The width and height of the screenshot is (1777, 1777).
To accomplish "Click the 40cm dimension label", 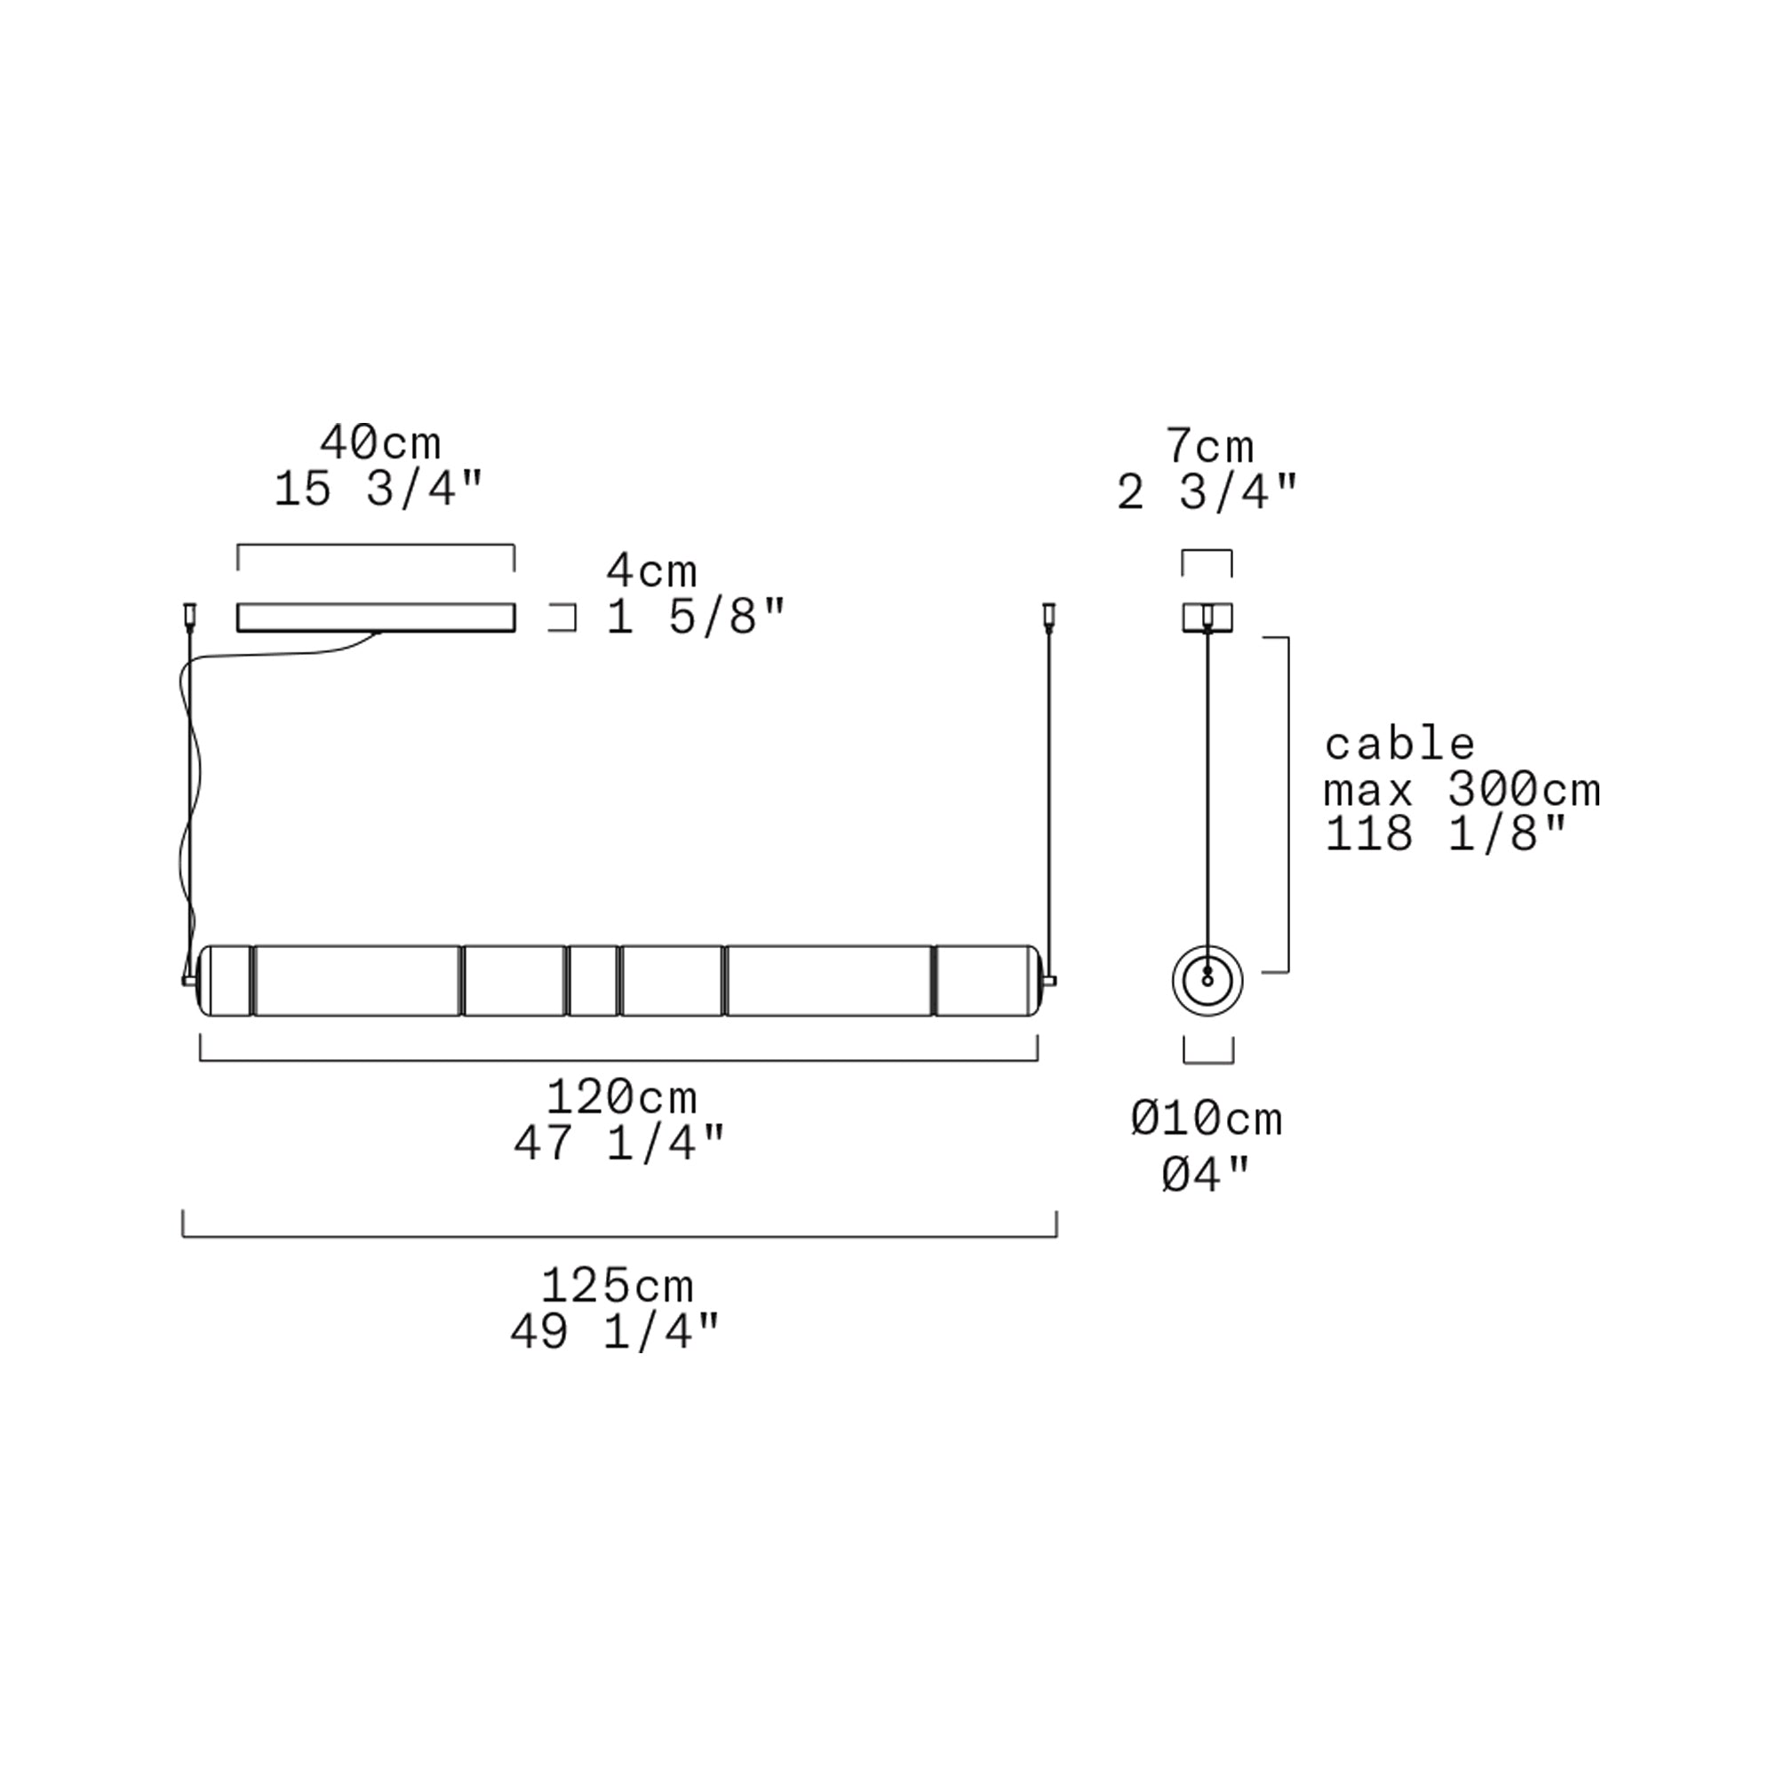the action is click(x=380, y=443).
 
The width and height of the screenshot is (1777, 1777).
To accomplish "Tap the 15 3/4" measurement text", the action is click(x=378, y=490).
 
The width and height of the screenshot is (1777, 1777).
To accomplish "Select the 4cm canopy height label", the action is click(x=651, y=572).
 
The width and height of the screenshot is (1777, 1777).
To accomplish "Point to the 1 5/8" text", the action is click(x=696, y=618).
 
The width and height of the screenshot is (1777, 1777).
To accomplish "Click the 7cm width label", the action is click(x=1209, y=447).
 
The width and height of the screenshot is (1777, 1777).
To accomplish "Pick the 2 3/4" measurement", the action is click(x=1207, y=493).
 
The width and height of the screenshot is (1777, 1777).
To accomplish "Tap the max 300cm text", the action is click(x=1462, y=789).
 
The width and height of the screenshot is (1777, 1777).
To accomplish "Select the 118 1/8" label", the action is click(x=1446, y=834).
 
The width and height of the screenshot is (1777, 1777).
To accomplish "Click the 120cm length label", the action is click(x=622, y=1097).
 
